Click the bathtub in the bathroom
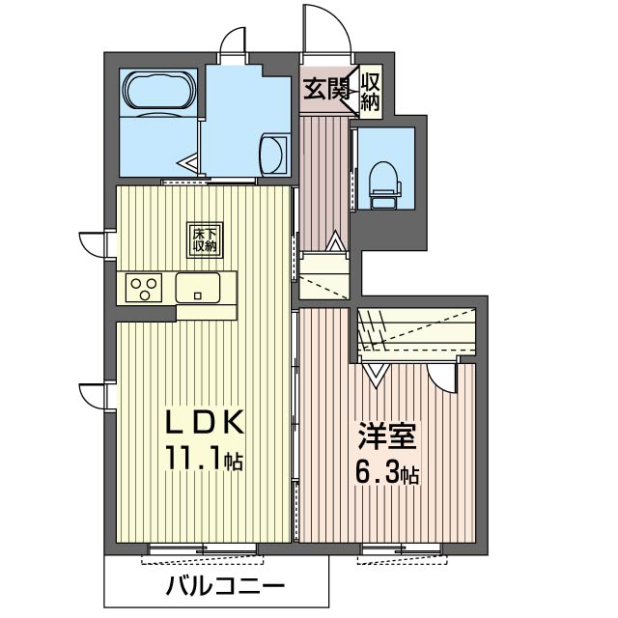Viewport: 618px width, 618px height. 158,92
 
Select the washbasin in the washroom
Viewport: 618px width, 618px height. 276,154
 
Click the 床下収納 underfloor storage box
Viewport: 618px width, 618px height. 203,239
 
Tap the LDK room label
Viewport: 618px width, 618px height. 203,423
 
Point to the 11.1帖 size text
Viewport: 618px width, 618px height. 203,460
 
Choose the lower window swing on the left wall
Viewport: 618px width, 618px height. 93,396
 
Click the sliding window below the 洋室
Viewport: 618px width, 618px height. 401,551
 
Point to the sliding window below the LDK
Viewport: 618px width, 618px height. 201,551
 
